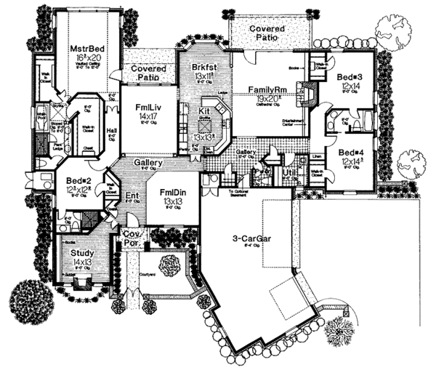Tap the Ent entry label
(132, 196)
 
